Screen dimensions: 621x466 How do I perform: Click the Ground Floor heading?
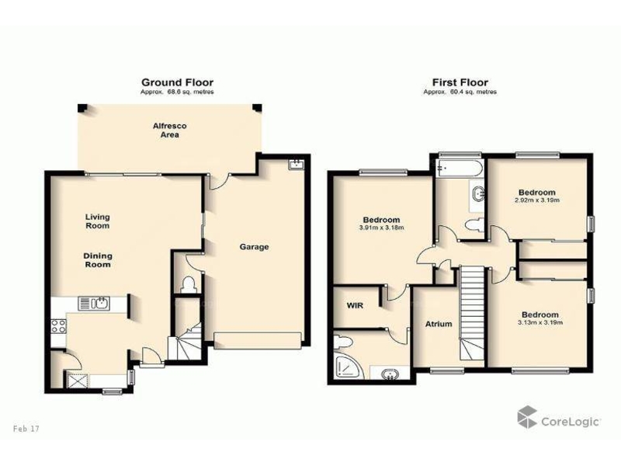(x=178, y=82)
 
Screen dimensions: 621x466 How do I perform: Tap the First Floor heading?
(x=460, y=82)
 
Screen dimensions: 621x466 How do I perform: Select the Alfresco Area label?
(x=169, y=130)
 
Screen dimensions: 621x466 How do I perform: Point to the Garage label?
(x=254, y=247)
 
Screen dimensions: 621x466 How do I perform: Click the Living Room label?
(x=98, y=221)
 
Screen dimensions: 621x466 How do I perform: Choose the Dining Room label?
(x=98, y=260)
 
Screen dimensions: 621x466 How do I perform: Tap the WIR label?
(x=356, y=305)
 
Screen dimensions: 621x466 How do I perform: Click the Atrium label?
(x=439, y=324)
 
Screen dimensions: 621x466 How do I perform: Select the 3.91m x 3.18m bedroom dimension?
(x=381, y=228)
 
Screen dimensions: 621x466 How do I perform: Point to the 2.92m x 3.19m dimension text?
(x=537, y=200)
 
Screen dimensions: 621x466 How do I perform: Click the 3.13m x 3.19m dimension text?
(x=540, y=322)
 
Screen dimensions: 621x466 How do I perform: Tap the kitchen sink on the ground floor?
(x=95, y=304)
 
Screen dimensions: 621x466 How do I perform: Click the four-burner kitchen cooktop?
(x=58, y=326)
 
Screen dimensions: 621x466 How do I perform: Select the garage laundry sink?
(x=296, y=164)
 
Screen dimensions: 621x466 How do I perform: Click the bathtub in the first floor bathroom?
(x=460, y=169)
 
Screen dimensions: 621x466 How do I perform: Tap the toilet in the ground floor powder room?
(x=187, y=284)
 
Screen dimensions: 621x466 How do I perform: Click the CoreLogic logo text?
(x=571, y=421)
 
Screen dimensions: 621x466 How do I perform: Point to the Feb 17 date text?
(x=26, y=429)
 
